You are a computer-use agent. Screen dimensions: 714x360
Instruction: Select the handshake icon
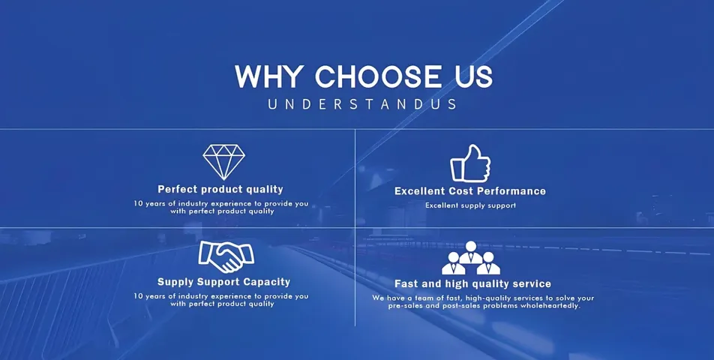point(226,256)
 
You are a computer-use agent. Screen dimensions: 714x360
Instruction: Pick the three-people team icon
point(471,259)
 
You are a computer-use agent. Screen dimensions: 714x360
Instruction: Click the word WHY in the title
point(269,77)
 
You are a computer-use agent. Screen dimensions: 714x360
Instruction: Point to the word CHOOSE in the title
point(379,77)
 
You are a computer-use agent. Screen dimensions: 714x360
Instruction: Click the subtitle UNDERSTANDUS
point(362,104)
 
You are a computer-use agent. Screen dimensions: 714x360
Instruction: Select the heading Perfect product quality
point(220,189)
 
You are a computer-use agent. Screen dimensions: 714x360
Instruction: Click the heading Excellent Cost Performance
point(470,191)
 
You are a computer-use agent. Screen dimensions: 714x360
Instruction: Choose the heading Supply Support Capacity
point(224,282)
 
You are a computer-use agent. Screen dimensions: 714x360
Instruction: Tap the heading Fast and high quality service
point(472,284)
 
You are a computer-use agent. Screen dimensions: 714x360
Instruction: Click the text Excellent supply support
point(470,205)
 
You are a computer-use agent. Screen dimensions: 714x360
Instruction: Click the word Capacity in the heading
point(266,283)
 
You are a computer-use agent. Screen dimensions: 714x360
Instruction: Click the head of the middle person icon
point(471,246)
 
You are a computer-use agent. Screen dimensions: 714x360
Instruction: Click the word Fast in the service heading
point(406,284)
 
